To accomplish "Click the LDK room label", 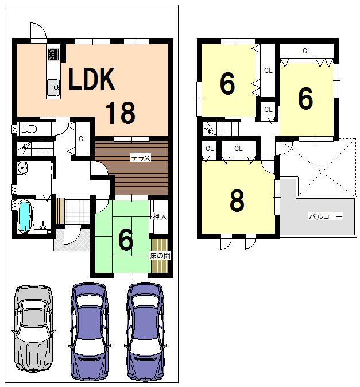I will [x=92, y=80].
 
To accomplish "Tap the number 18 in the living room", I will [x=120, y=113].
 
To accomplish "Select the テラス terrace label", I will [x=141, y=158].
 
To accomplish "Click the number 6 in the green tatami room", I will [x=126, y=240].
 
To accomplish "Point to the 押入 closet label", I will [x=160, y=216].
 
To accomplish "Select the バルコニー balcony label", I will [x=326, y=216].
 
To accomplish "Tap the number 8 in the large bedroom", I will [x=237, y=201].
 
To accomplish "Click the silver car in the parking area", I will [x=33, y=328].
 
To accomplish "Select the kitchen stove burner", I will [x=54, y=55].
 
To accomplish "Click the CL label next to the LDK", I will [x=83, y=138].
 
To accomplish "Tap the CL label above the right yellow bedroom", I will [x=307, y=51].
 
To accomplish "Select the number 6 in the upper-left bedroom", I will [x=227, y=85].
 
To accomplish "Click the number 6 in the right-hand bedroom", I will [x=305, y=99].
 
